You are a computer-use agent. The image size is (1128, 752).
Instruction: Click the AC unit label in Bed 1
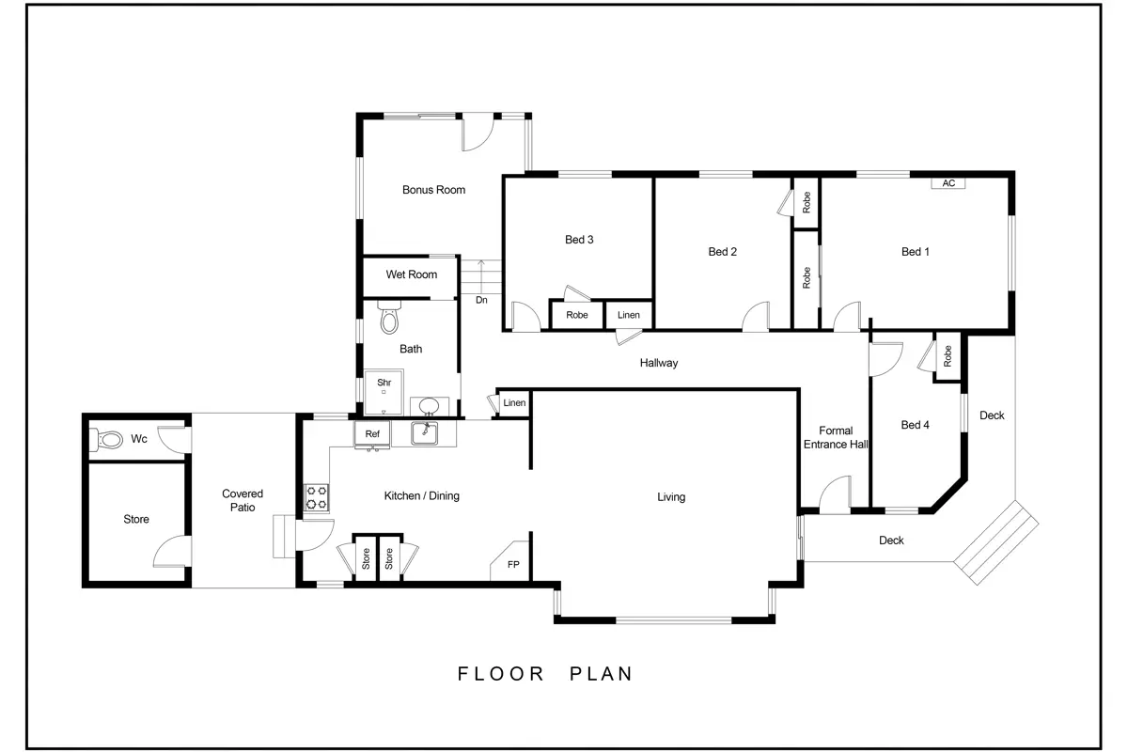(948, 183)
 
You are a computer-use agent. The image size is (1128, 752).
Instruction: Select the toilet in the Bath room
(389, 318)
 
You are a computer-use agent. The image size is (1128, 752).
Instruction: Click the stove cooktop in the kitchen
(317, 497)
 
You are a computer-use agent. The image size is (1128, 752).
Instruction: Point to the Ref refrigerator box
(372, 434)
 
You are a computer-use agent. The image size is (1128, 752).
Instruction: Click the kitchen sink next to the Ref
(424, 433)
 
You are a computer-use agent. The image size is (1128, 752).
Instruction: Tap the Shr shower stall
(384, 392)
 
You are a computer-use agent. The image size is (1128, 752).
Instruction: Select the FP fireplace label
(513, 565)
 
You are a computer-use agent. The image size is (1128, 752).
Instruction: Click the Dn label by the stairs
(481, 300)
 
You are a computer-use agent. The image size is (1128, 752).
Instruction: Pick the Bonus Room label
(433, 190)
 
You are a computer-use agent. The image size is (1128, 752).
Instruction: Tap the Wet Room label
(412, 274)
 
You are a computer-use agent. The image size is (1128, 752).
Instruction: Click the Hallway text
(659, 363)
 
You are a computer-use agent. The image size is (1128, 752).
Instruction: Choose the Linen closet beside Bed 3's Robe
(629, 315)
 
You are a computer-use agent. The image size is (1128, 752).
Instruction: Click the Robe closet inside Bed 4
(948, 356)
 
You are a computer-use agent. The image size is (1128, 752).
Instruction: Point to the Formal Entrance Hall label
(836, 438)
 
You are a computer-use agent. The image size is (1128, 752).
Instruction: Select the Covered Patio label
(243, 501)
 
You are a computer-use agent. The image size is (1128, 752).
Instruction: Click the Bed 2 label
(722, 252)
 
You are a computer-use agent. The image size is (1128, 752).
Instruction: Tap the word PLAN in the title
(601, 674)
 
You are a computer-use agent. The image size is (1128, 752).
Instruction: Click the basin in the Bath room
(429, 405)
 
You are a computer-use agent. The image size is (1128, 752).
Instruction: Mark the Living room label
(671, 497)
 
